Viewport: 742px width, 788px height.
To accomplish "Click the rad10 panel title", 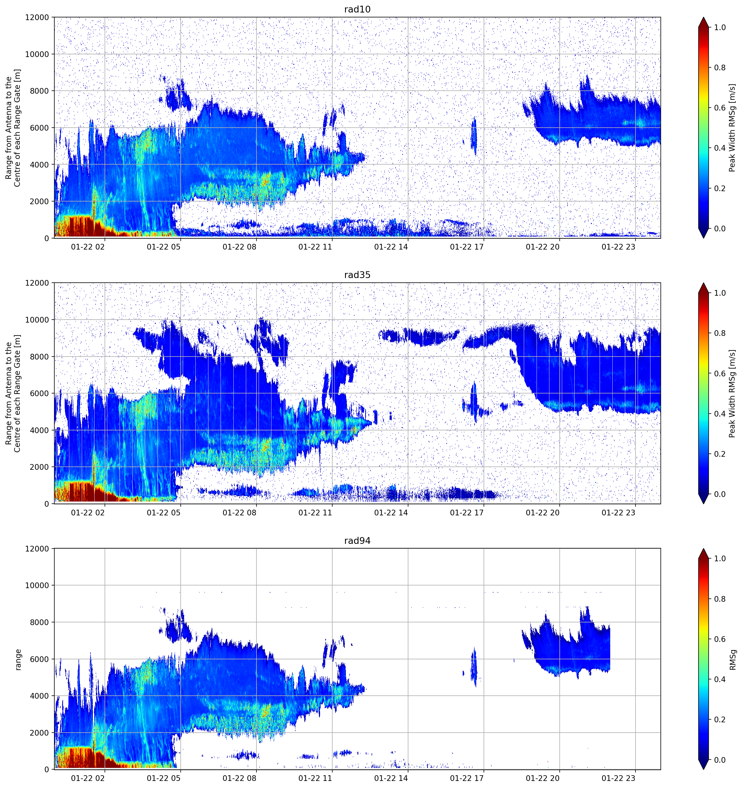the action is (x=357, y=9).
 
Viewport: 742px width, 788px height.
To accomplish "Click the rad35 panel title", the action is (x=357, y=275).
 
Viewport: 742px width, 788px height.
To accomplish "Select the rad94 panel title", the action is (x=357, y=541).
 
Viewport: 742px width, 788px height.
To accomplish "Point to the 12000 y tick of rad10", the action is (x=37, y=17).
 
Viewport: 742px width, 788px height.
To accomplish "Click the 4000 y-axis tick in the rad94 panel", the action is (x=40, y=696).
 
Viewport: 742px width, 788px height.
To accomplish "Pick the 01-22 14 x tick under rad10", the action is (x=391, y=247).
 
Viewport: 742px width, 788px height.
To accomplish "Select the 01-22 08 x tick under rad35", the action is (x=240, y=512).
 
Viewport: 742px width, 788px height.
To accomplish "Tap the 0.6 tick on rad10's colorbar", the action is (x=720, y=108).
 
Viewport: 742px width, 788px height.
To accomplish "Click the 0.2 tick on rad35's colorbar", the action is (x=720, y=454).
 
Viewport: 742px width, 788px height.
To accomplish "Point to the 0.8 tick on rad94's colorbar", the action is (x=720, y=599).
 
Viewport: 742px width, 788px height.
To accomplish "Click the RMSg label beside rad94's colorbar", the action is (x=732, y=660).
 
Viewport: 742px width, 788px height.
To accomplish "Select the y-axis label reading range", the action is (x=18, y=660).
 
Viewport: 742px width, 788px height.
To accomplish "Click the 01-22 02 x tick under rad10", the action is (x=88, y=247).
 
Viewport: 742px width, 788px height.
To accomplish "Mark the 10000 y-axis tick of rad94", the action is (x=37, y=585).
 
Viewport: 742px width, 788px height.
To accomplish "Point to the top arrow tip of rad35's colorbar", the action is (x=703, y=283).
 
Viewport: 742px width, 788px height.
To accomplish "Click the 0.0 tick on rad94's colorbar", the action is (x=720, y=760).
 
